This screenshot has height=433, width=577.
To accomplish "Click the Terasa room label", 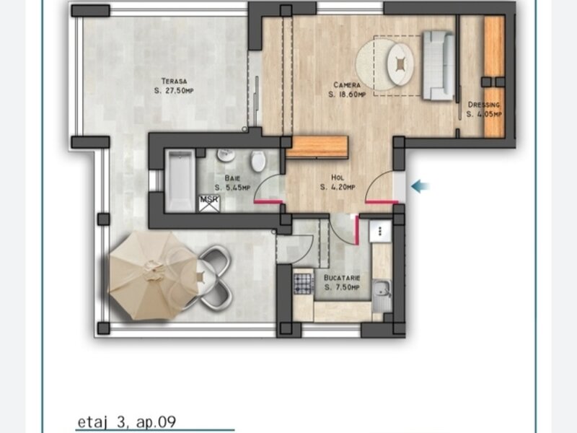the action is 175,81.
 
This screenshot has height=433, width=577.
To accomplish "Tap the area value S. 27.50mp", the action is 174,91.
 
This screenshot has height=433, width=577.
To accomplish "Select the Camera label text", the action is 347,85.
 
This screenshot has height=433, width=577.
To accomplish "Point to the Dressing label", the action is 484,105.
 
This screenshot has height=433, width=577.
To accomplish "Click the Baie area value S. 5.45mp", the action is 232,188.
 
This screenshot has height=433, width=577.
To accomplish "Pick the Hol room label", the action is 338,178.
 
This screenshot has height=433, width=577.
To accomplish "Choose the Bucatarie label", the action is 342,278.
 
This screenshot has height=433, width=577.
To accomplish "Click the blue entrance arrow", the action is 420,186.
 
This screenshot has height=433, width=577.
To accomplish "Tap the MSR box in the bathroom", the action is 209,204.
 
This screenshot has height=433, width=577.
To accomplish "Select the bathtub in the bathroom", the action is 180,181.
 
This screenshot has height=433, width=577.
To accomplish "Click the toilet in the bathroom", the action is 258,160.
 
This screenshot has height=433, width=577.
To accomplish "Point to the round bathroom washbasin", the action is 226,155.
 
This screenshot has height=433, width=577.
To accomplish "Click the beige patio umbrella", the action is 153,276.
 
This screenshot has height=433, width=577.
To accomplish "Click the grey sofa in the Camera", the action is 438,66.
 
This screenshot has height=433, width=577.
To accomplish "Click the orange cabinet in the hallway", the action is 317,147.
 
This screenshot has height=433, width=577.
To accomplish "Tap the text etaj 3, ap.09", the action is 127,421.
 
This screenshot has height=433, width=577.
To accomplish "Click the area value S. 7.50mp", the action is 342,287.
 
